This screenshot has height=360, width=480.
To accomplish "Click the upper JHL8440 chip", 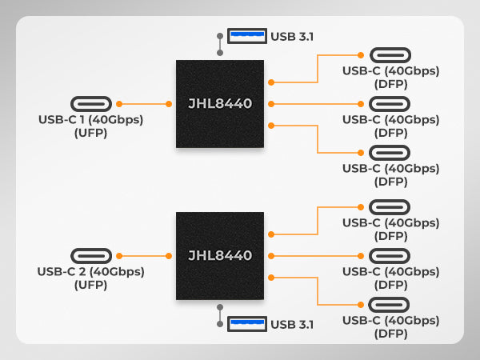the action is click(x=220, y=104).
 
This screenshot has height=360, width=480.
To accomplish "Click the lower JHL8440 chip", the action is click(x=220, y=256).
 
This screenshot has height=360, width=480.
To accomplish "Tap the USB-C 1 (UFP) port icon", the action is click(x=91, y=104).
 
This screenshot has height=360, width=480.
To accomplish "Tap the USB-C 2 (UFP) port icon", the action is click(x=91, y=256).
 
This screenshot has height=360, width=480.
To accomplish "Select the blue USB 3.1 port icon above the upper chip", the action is click(x=247, y=36).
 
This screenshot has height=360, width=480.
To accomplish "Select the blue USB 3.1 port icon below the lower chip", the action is click(x=247, y=324).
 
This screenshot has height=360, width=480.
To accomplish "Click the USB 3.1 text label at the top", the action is click(x=292, y=37).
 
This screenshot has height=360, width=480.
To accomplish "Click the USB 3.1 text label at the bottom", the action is click(x=292, y=325).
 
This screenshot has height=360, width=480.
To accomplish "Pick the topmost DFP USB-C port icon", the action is click(x=390, y=55).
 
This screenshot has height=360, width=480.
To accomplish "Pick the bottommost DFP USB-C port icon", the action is click(x=389, y=305).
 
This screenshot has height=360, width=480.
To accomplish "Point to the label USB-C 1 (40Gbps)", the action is click(x=91, y=120).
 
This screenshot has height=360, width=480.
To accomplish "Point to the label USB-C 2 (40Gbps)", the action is click(x=91, y=272).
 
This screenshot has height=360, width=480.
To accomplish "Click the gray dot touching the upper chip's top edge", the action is click(x=220, y=53).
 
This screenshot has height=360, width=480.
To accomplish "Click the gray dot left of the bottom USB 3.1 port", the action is click(x=220, y=324).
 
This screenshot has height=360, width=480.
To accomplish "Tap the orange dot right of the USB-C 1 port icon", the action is click(x=119, y=104).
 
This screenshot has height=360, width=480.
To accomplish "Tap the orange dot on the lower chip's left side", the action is click(x=169, y=256).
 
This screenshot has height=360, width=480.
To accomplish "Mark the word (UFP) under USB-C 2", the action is click(x=91, y=285).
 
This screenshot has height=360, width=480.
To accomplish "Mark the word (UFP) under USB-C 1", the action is click(x=91, y=133).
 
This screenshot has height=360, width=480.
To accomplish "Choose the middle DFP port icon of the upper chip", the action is click(x=390, y=104).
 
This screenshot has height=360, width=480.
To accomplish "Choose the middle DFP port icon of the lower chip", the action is click(x=390, y=256).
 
